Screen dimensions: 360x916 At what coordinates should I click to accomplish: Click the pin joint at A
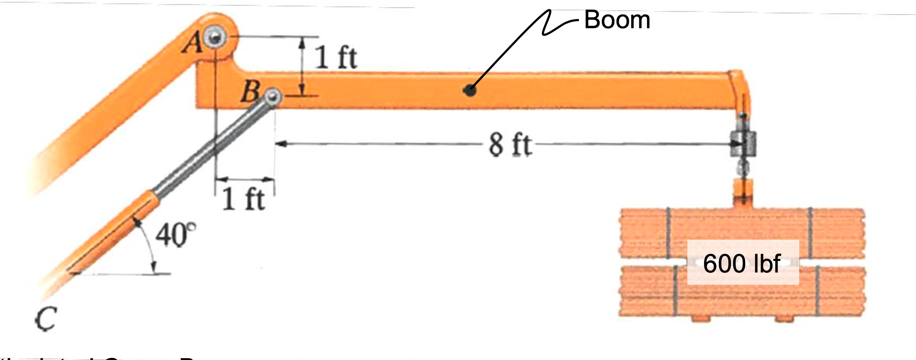click(x=215, y=36)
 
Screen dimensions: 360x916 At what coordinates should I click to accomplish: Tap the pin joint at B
click(x=274, y=96)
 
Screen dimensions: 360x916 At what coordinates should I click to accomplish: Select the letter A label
click(x=193, y=44)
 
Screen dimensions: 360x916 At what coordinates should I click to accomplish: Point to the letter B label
click(x=250, y=92)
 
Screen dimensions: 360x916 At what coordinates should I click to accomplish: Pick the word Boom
click(x=617, y=20)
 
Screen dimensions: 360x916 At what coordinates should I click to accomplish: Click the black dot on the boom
click(x=470, y=90)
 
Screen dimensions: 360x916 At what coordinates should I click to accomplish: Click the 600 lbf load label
click(x=742, y=263)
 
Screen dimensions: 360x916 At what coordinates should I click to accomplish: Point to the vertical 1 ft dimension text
click(x=336, y=58)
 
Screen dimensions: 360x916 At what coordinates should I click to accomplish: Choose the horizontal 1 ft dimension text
click(x=244, y=199)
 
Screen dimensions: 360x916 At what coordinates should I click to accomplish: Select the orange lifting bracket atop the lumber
click(x=743, y=193)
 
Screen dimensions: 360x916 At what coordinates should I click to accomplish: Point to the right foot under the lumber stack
click(x=785, y=318)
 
